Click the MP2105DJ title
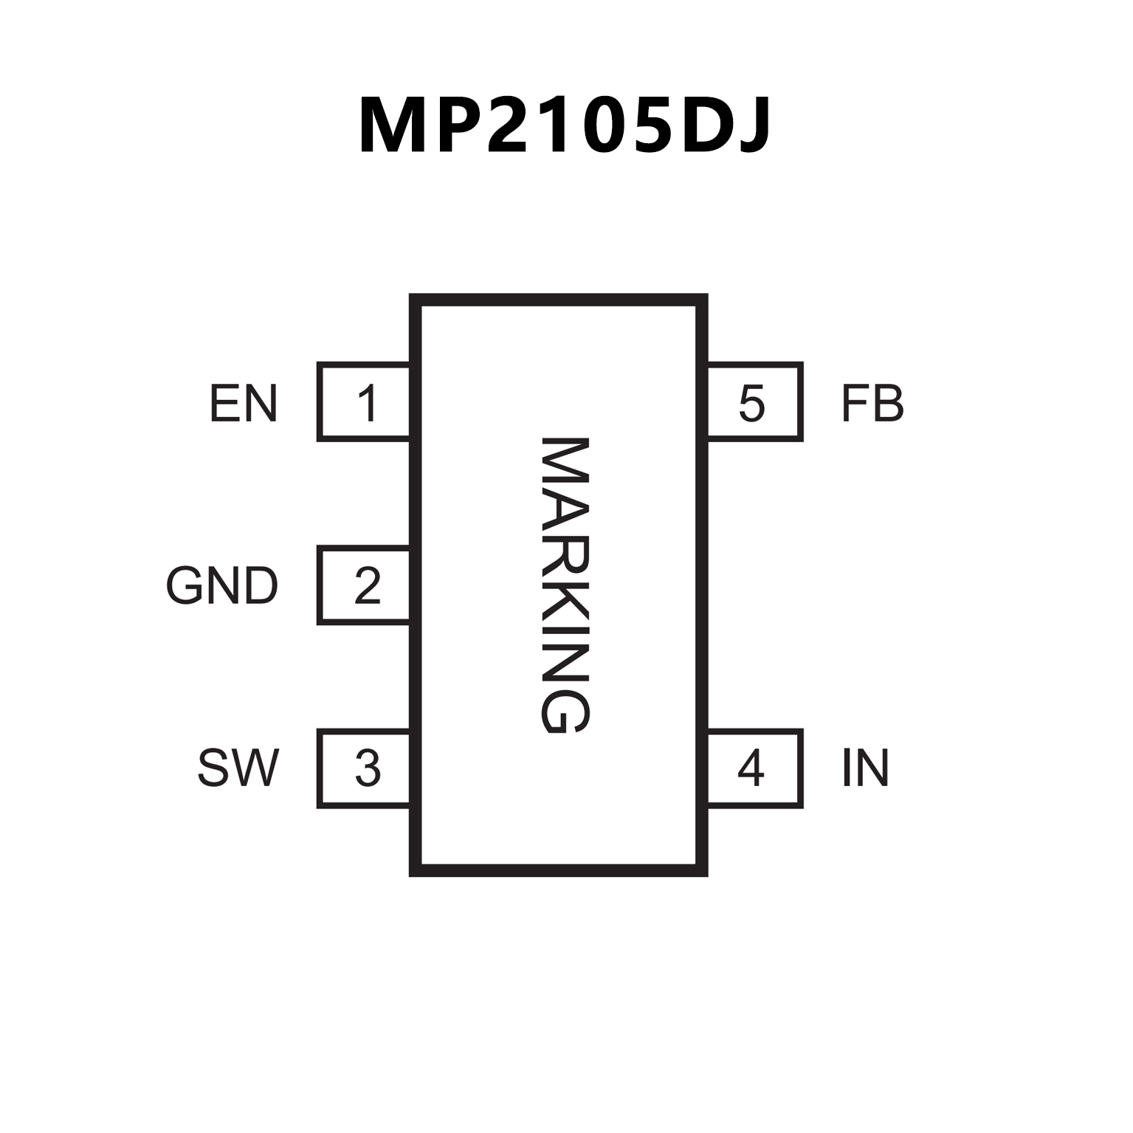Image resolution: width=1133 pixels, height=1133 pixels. point(565,125)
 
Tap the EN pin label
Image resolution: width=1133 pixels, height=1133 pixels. point(244,403)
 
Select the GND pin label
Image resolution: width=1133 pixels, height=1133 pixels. point(221,586)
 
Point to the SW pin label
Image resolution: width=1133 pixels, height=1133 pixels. point(238,768)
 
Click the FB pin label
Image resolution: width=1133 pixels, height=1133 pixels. point(872,403)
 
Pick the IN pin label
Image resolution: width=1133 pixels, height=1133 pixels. point(865,768)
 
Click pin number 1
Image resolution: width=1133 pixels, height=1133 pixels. point(367,403)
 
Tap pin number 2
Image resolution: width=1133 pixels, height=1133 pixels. point(367,586)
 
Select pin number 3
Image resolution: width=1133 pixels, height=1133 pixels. point(367,768)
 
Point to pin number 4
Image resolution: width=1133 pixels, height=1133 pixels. point(751,768)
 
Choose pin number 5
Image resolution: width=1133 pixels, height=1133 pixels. point(751,403)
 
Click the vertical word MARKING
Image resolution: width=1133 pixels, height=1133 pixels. point(565,586)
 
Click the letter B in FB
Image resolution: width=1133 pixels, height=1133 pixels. point(888,403)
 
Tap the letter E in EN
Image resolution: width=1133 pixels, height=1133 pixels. point(225,403)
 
